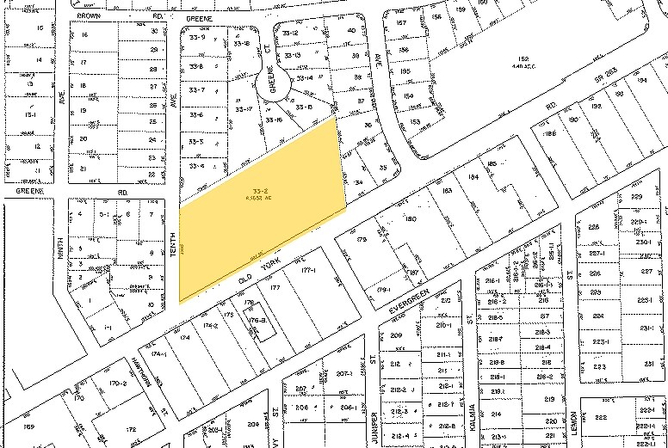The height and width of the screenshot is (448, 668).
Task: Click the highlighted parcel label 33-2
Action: pos(257,188)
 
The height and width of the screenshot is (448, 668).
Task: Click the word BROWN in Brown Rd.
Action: pos(90,15)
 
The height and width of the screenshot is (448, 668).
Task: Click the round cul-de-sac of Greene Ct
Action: pos(273,87)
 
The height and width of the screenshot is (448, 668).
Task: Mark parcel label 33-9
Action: pos(197,38)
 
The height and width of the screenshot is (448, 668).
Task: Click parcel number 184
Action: pos(473,177)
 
